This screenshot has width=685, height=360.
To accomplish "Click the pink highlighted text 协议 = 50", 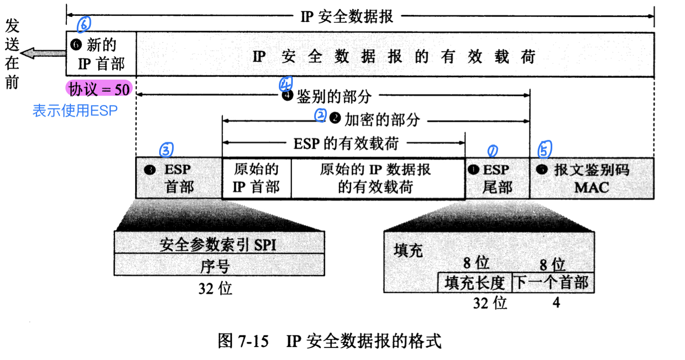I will point(99,89).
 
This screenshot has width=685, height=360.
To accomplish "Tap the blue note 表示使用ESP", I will point(75,110).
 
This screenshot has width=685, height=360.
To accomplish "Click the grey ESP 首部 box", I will point(179,178).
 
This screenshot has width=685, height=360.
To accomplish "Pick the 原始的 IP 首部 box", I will point(256,178).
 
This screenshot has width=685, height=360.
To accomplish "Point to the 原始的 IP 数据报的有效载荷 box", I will point(378,178).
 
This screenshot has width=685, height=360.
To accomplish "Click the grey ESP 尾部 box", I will point(497,178).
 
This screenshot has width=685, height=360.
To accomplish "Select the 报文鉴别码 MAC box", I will point(591,178).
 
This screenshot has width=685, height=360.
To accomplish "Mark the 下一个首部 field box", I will point(551,283).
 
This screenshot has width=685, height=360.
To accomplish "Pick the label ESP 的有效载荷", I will point(344,144).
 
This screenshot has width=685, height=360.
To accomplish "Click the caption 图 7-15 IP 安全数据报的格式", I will point(330,342).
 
